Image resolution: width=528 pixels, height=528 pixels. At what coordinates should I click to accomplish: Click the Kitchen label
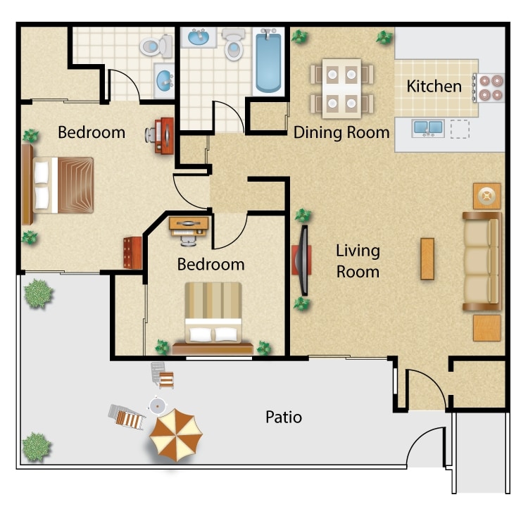tap(434, 86)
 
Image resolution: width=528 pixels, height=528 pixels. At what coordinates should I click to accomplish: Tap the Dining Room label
tap(341, 132)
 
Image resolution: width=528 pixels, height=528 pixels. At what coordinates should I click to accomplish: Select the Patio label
tap(284, 417)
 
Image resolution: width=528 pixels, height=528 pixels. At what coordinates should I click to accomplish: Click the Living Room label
tap(358, 261)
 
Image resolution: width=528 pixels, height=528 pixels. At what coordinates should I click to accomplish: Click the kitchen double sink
tap(428, 128)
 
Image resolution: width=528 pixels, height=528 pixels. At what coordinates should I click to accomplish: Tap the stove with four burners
tap(489, 87)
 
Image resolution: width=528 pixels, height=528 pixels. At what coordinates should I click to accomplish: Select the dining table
tap(341, 89)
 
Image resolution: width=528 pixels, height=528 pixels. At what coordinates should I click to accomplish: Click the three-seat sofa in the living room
tap(482, 261)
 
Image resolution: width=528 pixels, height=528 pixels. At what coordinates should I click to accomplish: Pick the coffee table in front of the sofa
tap(427, 258)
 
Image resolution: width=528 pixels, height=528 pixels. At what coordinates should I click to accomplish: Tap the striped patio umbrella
tap(175, 435)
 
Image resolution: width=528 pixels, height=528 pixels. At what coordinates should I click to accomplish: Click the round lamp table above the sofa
tap(487, 196)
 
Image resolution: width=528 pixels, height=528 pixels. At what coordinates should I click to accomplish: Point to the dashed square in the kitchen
tap(460, 129)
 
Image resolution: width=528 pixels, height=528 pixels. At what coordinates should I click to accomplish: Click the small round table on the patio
tap(157, 406)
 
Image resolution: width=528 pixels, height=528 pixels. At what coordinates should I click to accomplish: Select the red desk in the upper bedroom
tap(165, 136)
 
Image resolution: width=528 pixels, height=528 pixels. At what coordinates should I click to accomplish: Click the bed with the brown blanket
tap(58, 185)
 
